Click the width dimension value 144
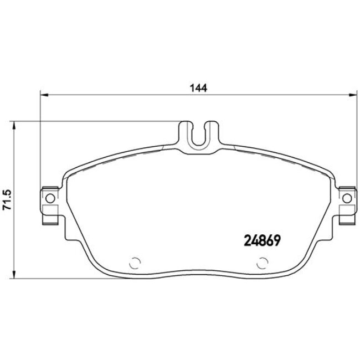point(198,88)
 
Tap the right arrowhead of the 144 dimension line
point(352,95)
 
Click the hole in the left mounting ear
point(49,198)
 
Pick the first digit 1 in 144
point(192,88)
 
